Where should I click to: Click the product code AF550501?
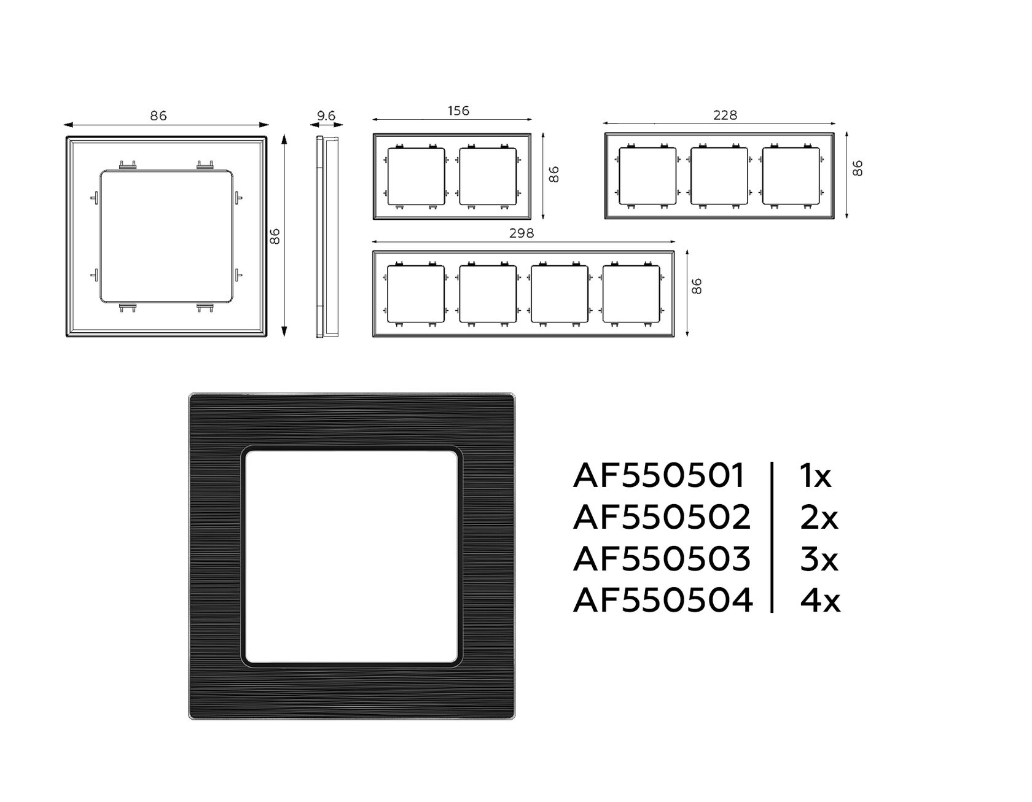click(x=659, y=476)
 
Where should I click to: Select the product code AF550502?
click(x=662, y=518)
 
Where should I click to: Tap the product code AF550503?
click(x=662, y=559)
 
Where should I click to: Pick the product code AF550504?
click(x=662, y=600)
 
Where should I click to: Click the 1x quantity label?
click(x=816, y=476)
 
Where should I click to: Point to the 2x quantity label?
click(x=819, y=518)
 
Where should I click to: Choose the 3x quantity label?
click(x=819, y=559)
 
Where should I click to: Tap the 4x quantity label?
click(x=820, y=600)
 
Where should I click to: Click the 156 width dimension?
click(x=458, y=111)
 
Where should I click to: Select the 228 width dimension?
click(x=725, y=115)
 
